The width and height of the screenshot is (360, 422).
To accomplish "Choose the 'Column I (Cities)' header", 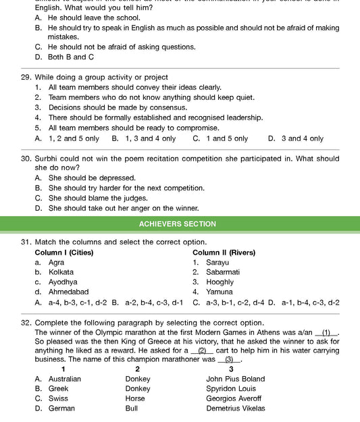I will pos(64,253).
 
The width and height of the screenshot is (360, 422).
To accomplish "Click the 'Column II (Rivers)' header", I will pos(224,253).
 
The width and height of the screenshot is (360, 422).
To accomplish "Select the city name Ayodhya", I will pos(63,282).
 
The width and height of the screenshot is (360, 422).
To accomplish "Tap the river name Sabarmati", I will pos(223,272).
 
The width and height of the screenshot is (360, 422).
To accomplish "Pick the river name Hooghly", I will pos(220,282).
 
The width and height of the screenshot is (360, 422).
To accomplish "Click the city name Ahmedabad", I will pos(69,292).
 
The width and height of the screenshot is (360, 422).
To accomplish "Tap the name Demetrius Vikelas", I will pos(235,408).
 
